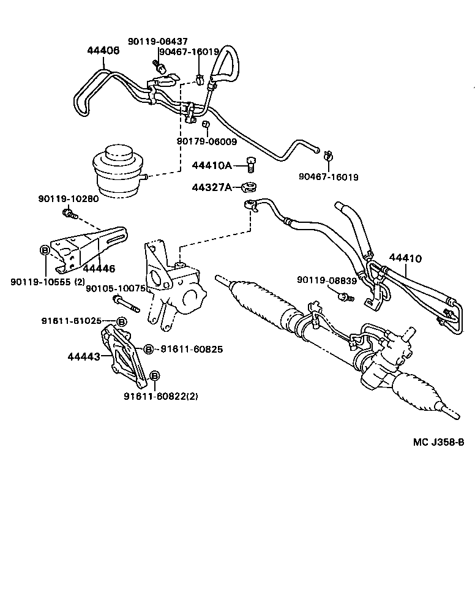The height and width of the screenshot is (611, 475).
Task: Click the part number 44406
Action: click(102, 51)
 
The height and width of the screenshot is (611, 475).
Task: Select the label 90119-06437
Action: click(157, 42)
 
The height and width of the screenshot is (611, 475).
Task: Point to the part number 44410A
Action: click(212, 165)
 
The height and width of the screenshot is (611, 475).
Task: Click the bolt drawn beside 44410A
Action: click(250, 164)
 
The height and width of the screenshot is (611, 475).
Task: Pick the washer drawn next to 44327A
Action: click(249, 186)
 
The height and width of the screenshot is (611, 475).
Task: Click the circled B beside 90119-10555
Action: click(44, 250)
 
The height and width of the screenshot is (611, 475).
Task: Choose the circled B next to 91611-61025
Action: click(121, 321)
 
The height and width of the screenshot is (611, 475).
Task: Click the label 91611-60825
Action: click(191, 349)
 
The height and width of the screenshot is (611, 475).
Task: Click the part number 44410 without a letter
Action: click(405, 258)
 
